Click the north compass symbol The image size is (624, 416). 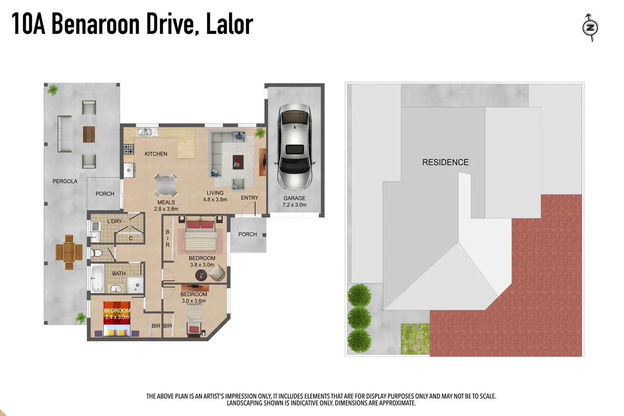(590, 28)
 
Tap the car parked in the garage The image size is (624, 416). (295, 147)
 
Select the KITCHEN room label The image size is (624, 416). (156, 154)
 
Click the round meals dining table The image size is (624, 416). (165, 185)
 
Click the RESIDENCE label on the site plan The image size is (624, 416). (445, 162)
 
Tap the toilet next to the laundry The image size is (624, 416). (96, 253)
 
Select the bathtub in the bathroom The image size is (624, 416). (97, 278)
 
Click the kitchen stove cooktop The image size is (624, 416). (128, 149)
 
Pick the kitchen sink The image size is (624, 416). (147, 132)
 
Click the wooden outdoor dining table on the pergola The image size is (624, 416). (69, 252)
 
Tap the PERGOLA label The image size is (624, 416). (65, 181)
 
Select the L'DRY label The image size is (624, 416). (114, 221)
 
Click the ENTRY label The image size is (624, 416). (249, 198)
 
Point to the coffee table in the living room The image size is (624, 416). (238, 162)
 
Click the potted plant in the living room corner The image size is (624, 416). (260, 133)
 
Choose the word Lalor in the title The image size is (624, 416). (229, 24)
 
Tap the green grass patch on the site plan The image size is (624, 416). (415, 339)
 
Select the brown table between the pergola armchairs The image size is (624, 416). (89, 134)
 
